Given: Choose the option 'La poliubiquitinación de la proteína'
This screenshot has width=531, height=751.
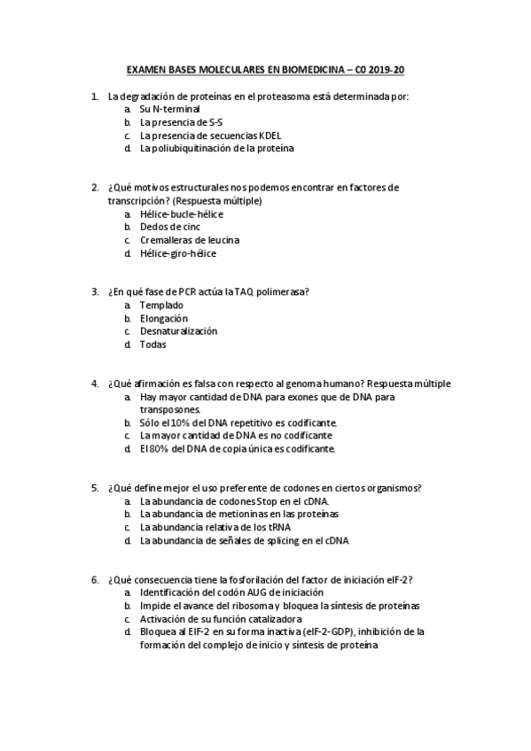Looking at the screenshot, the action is [216, 148].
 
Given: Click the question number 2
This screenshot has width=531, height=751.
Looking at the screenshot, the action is [94, 188].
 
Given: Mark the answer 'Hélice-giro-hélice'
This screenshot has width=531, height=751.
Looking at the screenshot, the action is [177, 253].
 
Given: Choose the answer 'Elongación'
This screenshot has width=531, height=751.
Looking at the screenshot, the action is [164, 318].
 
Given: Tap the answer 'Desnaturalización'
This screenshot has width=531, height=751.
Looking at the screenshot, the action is [178, 331].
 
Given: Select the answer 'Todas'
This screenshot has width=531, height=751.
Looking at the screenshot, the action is [152, 345].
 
